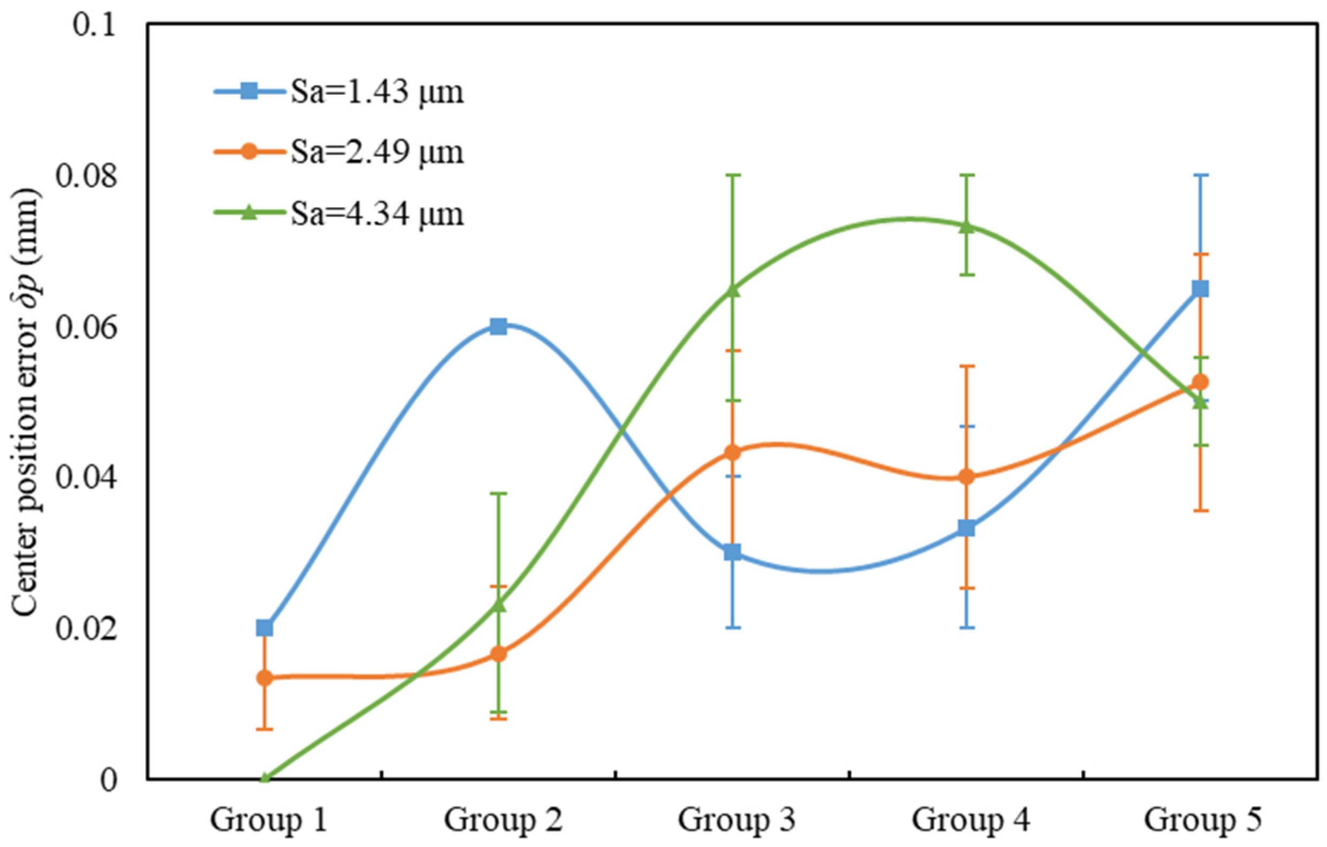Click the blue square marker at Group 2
click(498, 327)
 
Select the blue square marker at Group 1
click(264, 627)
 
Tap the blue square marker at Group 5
click(1200, 289)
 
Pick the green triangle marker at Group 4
click(967, 226)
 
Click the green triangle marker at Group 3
click(733, 290)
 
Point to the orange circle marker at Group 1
click(264, 678)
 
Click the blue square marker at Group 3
click(732, 552)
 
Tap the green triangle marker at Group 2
click(499, 604)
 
